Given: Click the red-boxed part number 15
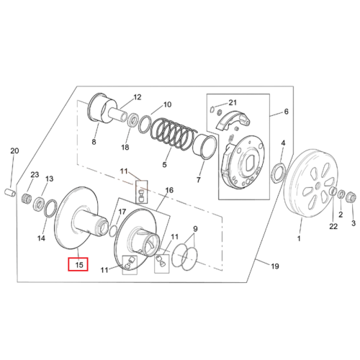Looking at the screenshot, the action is [79, 265].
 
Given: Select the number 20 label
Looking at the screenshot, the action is [14, 151].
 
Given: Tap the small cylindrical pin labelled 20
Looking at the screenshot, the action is [10, 192].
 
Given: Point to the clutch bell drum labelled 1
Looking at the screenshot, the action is [309, 184].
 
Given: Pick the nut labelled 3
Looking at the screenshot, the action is [351, 197].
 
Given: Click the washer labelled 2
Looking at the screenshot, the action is [341, 194].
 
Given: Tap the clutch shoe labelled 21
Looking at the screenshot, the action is [233, 121].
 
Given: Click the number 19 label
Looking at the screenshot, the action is [275, 266].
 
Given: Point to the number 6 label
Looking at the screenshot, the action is [286, 112].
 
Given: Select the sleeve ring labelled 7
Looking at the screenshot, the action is [204, 147].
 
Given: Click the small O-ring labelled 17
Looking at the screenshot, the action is [113, 230].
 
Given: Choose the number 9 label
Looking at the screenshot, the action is [195, 229].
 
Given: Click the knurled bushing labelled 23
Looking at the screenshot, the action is [27, 198].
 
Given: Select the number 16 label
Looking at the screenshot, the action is [169, 190].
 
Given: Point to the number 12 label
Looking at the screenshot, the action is [138, 97].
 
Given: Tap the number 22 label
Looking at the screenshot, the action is [333, 226].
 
